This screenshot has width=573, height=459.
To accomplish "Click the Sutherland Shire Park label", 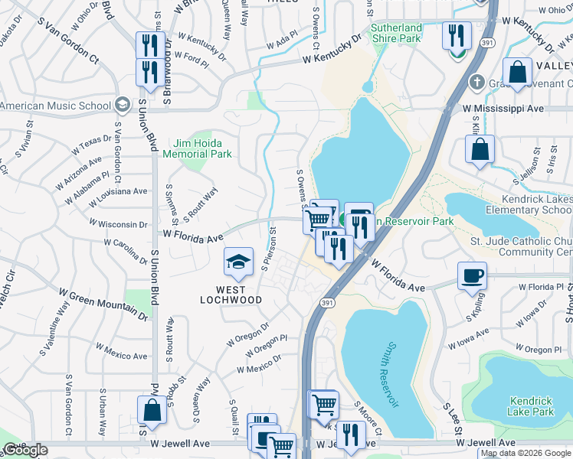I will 396,33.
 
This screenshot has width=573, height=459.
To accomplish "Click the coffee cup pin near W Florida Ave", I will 472,275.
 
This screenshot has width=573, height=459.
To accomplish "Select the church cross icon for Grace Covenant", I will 476,81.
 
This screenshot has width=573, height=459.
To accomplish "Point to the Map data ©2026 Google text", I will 526,453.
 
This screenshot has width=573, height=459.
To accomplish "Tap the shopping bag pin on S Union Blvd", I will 152,410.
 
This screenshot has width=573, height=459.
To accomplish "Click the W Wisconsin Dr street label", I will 118,223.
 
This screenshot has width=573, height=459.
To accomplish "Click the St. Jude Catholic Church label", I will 522,246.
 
